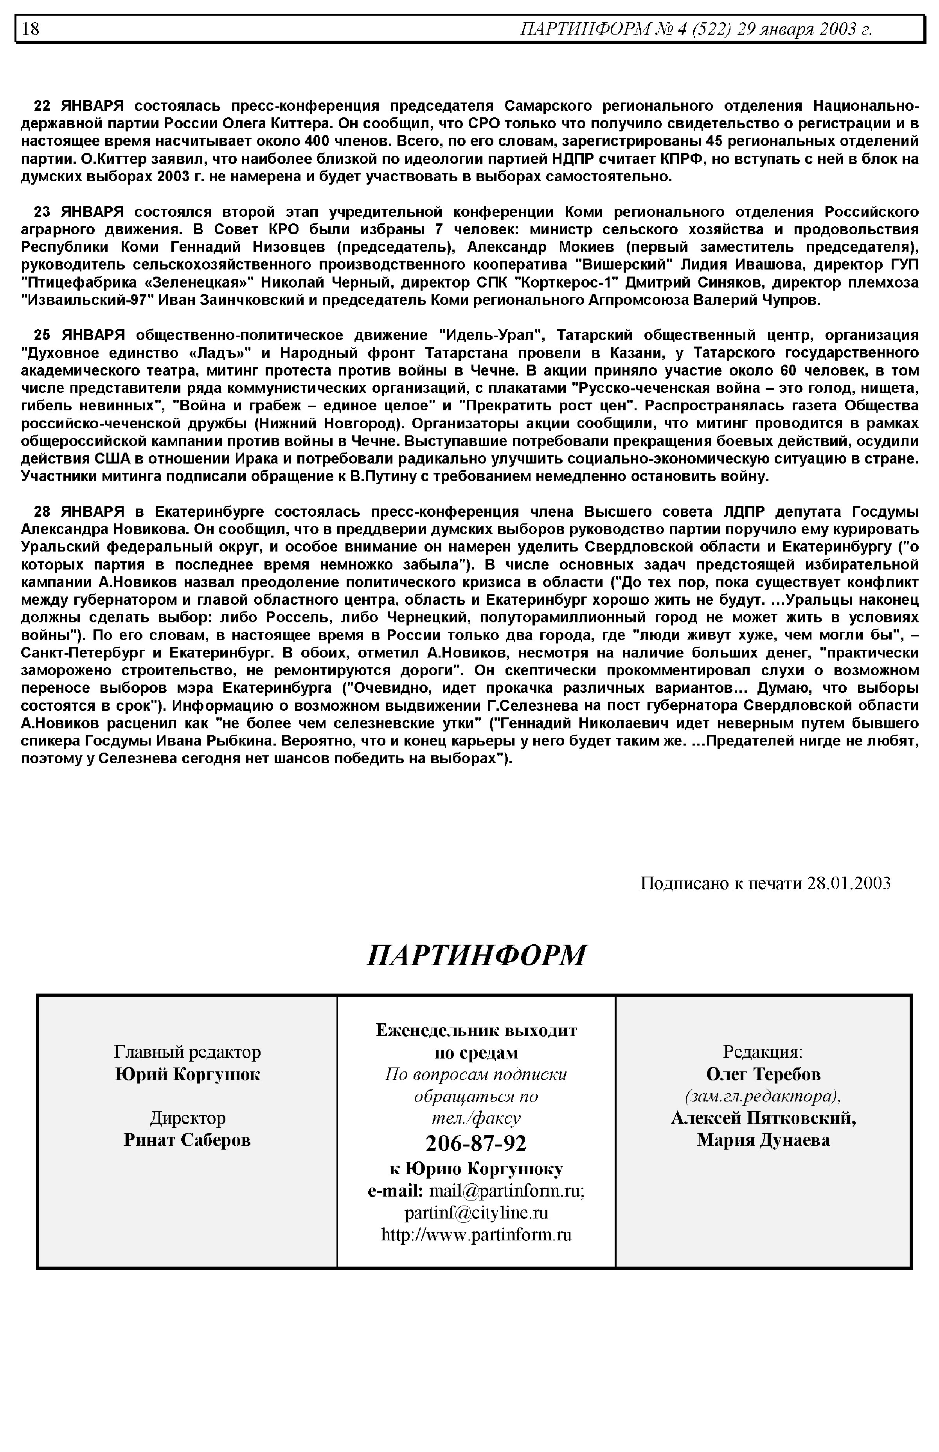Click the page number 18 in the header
tap(31, 29)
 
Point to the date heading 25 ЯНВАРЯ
tap(79, 335)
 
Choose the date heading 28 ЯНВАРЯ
tap(79, 511)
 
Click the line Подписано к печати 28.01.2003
tap(765, 883)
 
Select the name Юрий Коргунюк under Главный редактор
tap(187, 1075)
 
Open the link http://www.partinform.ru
tap(476, 1235)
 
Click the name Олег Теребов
tap(763, 1074)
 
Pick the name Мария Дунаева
tap(763, 1140)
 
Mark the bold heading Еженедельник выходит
tap(476, 1030)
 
